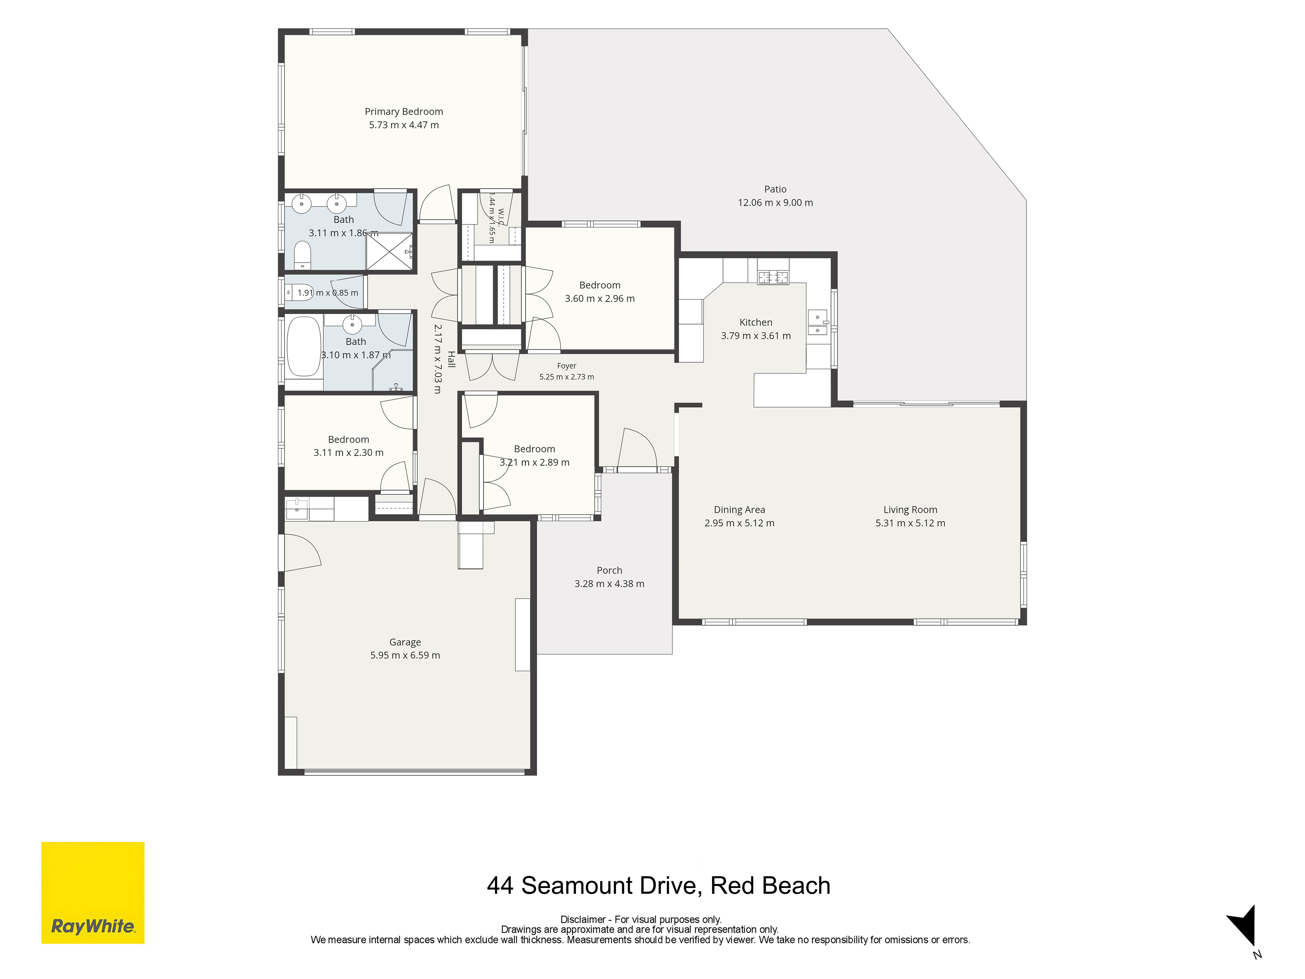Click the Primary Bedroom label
[404, 112]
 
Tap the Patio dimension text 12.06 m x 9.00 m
[775, 202]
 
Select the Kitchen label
[756, 322]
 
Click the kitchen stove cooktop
[773, 276]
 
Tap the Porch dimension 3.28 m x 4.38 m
[609, 584]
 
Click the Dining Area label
[739, 510]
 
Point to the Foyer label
[566, 366]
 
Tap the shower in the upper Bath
[389, 251]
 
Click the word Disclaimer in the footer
[583, 919]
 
